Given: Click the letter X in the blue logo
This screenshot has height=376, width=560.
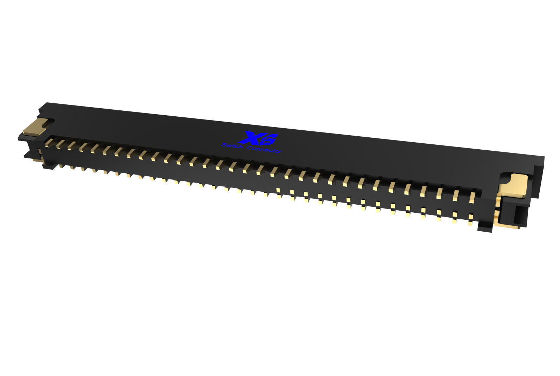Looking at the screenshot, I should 253,138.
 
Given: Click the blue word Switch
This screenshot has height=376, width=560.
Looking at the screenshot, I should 232,146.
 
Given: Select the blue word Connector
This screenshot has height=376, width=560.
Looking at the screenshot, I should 264,150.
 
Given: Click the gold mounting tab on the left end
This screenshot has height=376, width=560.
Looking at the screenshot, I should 35,127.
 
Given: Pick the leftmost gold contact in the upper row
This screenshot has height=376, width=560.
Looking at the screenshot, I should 49,142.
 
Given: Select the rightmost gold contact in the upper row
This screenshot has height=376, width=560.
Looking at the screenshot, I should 472,197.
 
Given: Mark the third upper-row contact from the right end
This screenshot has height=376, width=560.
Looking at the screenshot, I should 440,193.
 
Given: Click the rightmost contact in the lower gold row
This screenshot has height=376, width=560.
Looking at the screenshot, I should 471,218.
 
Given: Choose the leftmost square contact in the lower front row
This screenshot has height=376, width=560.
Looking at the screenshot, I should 278,191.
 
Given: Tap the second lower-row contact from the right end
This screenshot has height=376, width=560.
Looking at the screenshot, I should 455,215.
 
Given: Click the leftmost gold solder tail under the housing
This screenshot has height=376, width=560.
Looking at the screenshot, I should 61,166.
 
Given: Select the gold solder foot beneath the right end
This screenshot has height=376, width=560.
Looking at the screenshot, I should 507,226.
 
